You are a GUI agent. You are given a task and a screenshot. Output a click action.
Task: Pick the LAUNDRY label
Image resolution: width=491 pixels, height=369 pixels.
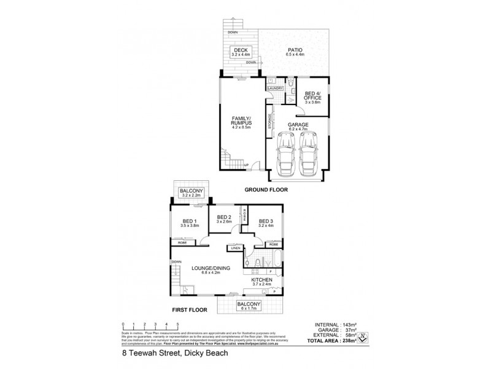[x=274, y=89]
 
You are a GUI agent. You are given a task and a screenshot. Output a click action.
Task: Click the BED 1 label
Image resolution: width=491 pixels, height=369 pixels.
[x=189, y=224]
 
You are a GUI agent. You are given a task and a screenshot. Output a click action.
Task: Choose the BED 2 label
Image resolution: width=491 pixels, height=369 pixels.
[x=223, y=220]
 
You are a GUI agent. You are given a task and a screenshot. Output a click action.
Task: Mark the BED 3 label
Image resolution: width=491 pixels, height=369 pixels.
[x=265, y=224]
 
